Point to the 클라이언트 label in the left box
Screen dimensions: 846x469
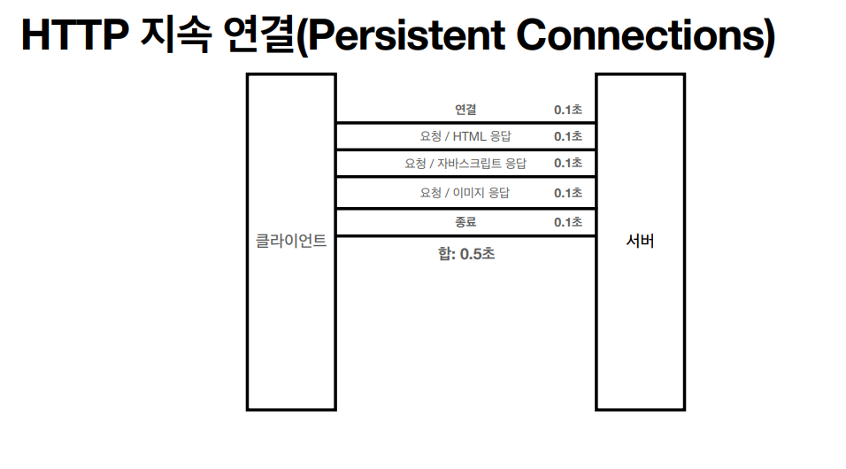pyautogui.click(x=291, y=240)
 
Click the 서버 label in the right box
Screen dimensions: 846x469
pyautogui.click(x=639, y=240)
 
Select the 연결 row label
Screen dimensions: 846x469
pyautogui.click(x=466, y=110)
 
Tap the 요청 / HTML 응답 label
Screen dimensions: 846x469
pyautogui.click(x=465, y=136)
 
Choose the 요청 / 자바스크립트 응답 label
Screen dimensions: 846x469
pyautogui.click(x=465, y=164)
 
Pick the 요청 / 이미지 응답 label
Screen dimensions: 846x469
pyautogui.click(x=465, y=193)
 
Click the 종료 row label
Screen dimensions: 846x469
pyautogui.click(x=466, y=222)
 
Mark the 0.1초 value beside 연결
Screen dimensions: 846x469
pyautogui.click(x=568, y=110)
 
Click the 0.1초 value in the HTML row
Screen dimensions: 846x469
pyautogui.click(x=568, y=136)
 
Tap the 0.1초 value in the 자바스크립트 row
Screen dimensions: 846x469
pyautogui.click(x=568, y=164)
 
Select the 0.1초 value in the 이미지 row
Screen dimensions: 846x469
pyautogui.click(x=568, y=193)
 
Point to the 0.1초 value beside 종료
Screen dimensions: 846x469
pyautogui.click(x=568, y=222)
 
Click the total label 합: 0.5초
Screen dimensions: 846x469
pyautogui.click(x=466, y=254)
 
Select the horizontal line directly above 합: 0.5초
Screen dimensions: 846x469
pyautogui.click(x=465, y=235)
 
